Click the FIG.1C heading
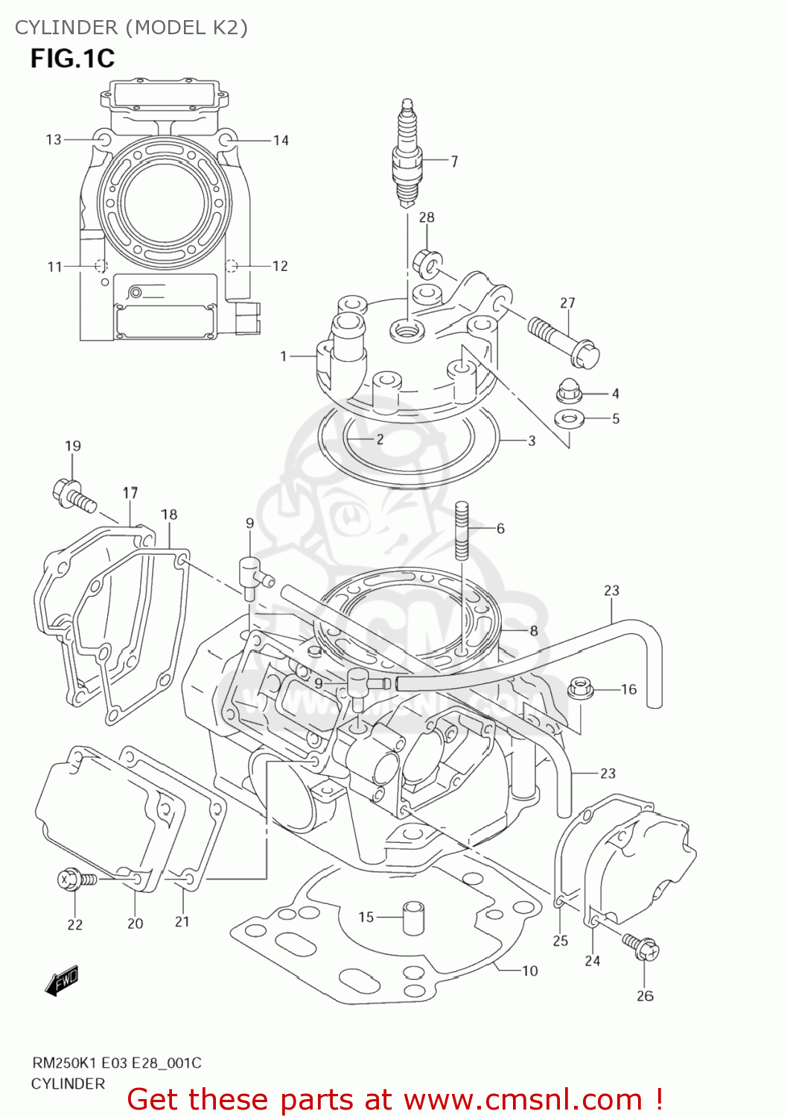click(x=72, y=58)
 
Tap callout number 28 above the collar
click(x=427, y=217)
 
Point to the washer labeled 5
click(x=570, y=418)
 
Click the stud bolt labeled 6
click(x=462, y=529)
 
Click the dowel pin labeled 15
click(x=413, y=917)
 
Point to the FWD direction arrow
click(x=62, y=981)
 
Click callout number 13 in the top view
click(x=54, y=139)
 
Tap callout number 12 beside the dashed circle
click(x=280, y=266)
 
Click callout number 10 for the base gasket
click(x=529, y=970)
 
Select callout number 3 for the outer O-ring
click(x=532, y=440)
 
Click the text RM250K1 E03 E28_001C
click(x=116, y=1063)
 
